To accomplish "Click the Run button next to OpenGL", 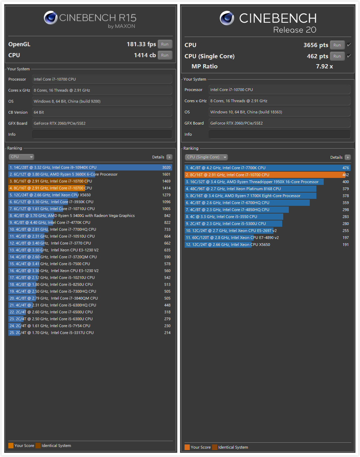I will coord(165,44).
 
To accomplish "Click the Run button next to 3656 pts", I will coord(337,45).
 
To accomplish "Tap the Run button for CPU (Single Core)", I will coord(337,56).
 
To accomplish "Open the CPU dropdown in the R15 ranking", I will coord(22,157).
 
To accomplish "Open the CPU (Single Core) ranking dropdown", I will coord(206,157).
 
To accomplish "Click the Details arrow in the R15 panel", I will coord(170,157).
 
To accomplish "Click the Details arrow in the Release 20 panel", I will coord(347,158).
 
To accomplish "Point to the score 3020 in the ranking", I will coord(166,167).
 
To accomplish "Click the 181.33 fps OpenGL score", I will coord(141,44).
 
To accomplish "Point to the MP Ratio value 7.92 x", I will coord(324,66).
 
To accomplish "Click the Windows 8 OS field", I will coord(102,101).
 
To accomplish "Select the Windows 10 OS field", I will coord(279,112).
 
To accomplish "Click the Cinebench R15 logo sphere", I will coord(51,18).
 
